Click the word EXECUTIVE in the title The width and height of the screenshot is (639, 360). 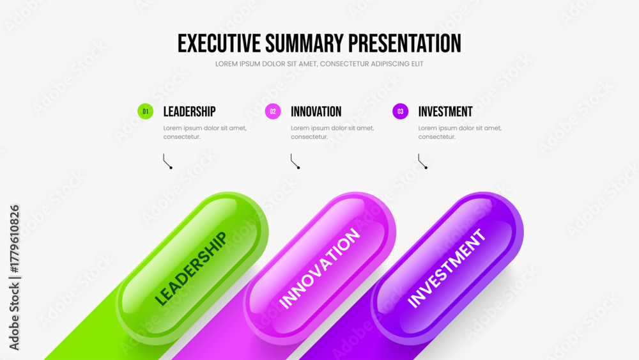pyautogui.click(x=219, y=43)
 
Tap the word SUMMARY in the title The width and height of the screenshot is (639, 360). pyautogui.click(x=304, y=43)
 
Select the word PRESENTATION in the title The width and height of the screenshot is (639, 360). pyautogui.click(x=404, y=43)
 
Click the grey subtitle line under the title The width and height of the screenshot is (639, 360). pyautogui.click(x=319, y=64)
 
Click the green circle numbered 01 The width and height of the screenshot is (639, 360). pyautogui.click(x=146, y=111)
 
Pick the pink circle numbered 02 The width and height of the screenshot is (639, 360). pyautogui.click(x=273, y=111)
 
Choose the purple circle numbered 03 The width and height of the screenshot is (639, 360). pyautogui.click(x=400, y=111)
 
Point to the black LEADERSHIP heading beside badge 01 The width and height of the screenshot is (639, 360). pyautogui.click(x=190, y=112)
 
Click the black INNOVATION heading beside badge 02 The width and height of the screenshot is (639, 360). pyautogui.click(x=316, y=112)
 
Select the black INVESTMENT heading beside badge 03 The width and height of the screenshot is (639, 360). pyautogui.click(x=445, y=112)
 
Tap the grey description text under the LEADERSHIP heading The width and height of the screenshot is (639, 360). pyautogui.click(x=205, y=132)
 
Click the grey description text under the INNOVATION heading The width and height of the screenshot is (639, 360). pyautogui.click(x=332, y=132)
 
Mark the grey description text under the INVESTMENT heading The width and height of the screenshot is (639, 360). pyautogui.click(x=460, y=132)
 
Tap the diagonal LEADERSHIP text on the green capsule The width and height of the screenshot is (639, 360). pyautogui.click(x=190, y=269)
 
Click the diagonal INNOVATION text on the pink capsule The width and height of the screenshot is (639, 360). pyautogui.click(x=319, y=268)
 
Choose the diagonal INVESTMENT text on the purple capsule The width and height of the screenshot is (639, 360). pyautogui.click(x=447, y=268)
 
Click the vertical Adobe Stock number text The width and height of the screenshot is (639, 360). pyautogui.click(x=14, y=278)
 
